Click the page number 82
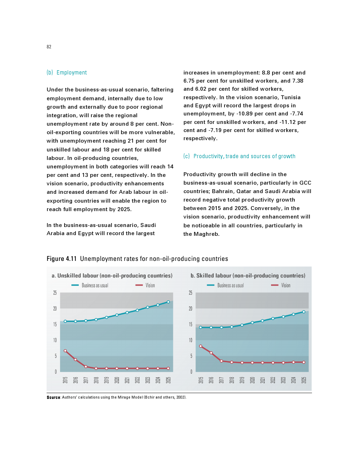pos(49,47)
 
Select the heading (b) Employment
pos(67,72)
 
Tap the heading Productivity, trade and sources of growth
pos(244,156)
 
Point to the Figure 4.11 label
pos(61,259)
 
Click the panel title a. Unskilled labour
pos(112,275)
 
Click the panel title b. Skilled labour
pos(248,275)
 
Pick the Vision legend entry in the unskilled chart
pos(150,285)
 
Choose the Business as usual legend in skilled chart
pos(230,285)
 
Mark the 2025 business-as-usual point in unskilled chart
pos(168,302)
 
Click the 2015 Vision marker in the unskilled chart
pos(65,351)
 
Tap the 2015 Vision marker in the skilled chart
pos(201,346)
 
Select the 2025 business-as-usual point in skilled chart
pos(304,312)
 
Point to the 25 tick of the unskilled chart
pos(55,293)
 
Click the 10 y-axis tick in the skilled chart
pos(191,340)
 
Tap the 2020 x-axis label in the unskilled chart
pos(117,380)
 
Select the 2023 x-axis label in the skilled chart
pos(283,380)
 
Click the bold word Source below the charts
pos(53,398)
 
